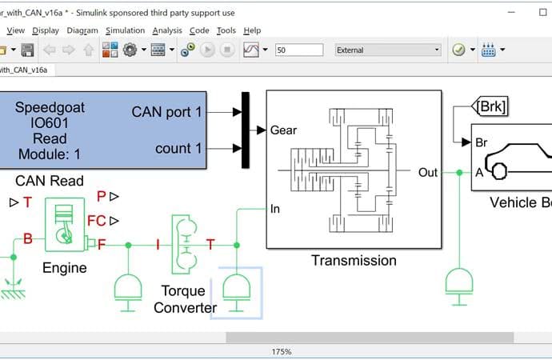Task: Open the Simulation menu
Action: click(x=125, y=30)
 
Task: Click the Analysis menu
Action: click(x=167, y=30)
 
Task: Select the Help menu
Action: click(x=252, y=30)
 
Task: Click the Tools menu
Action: click(x=226, y=30)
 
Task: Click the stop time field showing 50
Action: click(x=300, y=50)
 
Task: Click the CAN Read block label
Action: click(x=50, y=182)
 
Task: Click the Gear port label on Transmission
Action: click(x=285, y=130)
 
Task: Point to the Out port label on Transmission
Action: click(x=427, y=172)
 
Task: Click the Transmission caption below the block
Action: click(x=353, y=260)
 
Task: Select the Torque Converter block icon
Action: click(x=184, y=245)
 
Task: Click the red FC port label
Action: click(x=97, y=221)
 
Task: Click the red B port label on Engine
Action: click(x=28, y=238)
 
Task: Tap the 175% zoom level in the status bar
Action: click(x=282, y=351)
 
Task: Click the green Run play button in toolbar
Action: click(x=207, y=50)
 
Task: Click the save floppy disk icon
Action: click(x=27, y=50)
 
